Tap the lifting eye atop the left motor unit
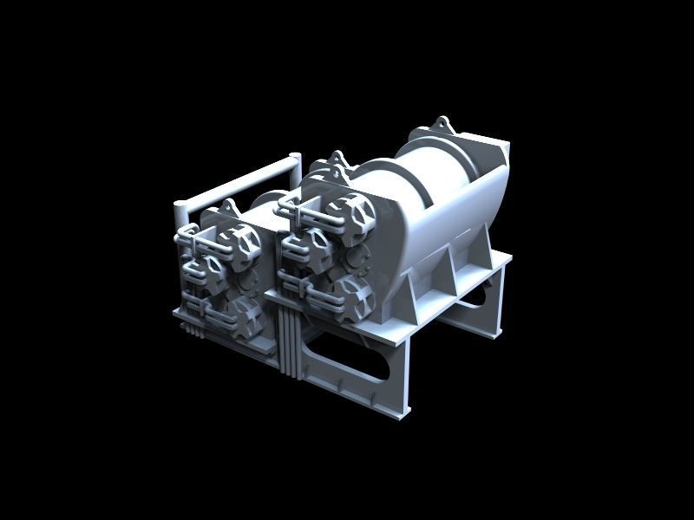pos(230,206)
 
